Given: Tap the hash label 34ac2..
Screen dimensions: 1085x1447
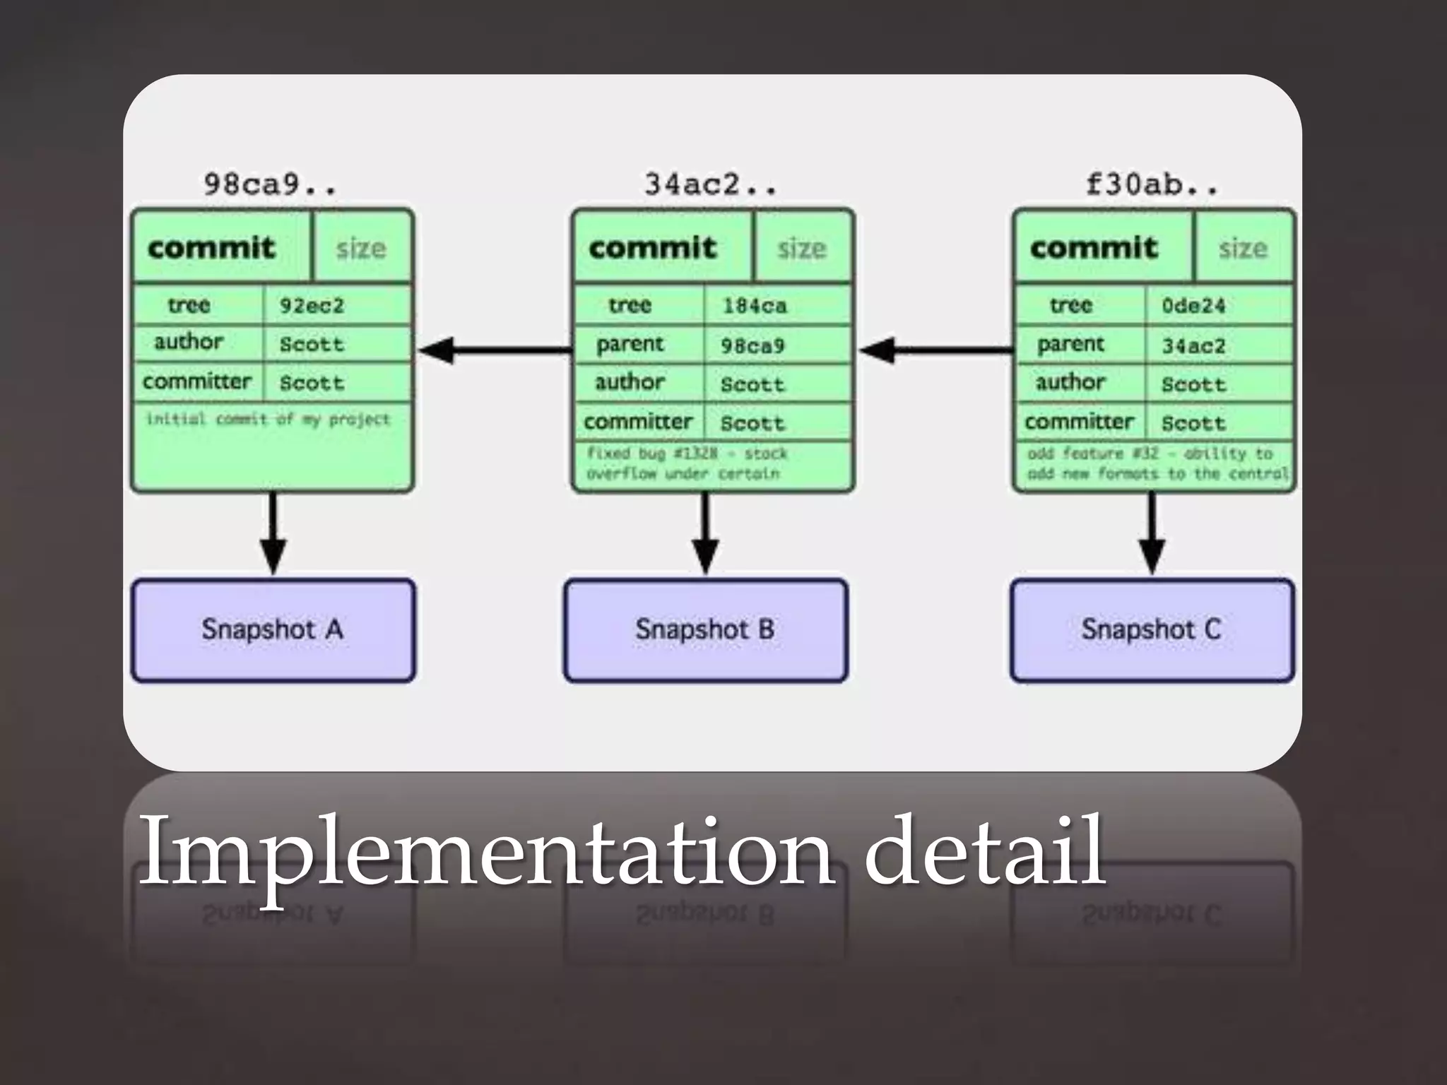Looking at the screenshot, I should click(x=711, y=185).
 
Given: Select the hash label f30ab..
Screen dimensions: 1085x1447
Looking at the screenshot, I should click(x=1152, y=185).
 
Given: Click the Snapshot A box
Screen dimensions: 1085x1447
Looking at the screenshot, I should click(x=273, y=630).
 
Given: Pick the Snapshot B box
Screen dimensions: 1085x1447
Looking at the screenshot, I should click(x=705, y=630).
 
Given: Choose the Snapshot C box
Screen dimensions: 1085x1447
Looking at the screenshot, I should click(x=1152, y=630).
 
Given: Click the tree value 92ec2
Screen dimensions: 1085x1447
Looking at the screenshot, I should click(x=312, y=306).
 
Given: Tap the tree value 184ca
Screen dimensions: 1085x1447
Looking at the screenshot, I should click(x=754, y=306).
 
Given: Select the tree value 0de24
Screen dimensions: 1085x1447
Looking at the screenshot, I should click(x=1193, y=306).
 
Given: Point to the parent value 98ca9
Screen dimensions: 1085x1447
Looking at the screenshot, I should click(x=752, y=345).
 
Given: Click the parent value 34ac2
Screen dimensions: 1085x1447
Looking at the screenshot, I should click(x=1193, y=345).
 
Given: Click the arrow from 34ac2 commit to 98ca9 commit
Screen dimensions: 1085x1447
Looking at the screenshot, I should click(x=495, y=350).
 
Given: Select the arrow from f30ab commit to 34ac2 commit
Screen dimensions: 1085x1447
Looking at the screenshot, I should click(x=935, y=350).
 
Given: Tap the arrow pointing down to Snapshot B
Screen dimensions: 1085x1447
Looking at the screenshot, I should click(x=705, y=533).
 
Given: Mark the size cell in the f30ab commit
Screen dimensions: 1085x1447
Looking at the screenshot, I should click(x=1243, y=248).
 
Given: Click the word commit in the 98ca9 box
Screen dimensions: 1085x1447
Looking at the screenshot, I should click(x=211, y=248).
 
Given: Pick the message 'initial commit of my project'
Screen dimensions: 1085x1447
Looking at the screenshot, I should click(x=268, y=420).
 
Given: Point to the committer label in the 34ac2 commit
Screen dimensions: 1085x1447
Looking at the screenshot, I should click(x=638, y=422).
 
